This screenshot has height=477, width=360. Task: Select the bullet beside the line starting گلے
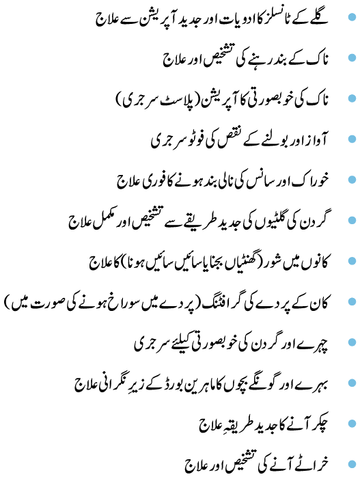pos(352,16)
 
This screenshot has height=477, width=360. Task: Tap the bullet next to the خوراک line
pos(352,180)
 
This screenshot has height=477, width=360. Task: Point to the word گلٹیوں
pos(266,223)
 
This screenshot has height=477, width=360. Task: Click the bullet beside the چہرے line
pos(352,342)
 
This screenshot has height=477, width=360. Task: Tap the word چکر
pos(318,424)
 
